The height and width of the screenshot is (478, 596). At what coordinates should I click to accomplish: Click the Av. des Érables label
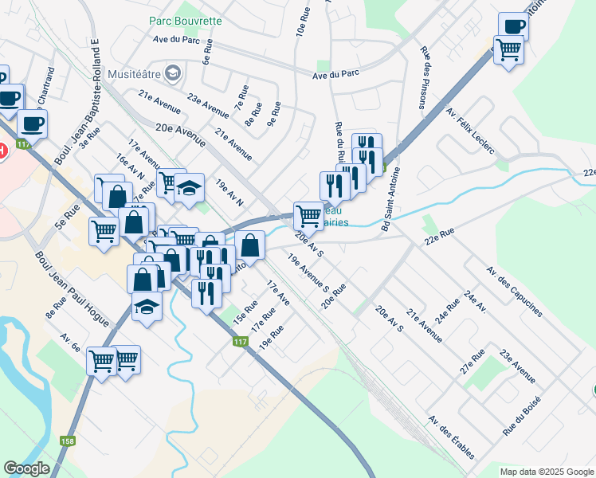pyautogui.click(x=451, y=437)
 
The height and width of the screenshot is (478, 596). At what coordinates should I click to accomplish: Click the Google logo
pyautogui.click(x=26, y=468)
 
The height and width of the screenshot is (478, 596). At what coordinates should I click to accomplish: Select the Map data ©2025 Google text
pyautogui.click(x=546, y=472)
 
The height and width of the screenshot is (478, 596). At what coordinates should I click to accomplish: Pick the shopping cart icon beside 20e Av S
pyautogui.click(x=308, y=214)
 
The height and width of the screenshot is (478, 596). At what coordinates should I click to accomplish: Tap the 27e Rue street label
pyautogui.click(x=472, y=358)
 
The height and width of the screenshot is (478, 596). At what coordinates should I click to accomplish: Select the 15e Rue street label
pyautogui.click(x=245, y=311)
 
